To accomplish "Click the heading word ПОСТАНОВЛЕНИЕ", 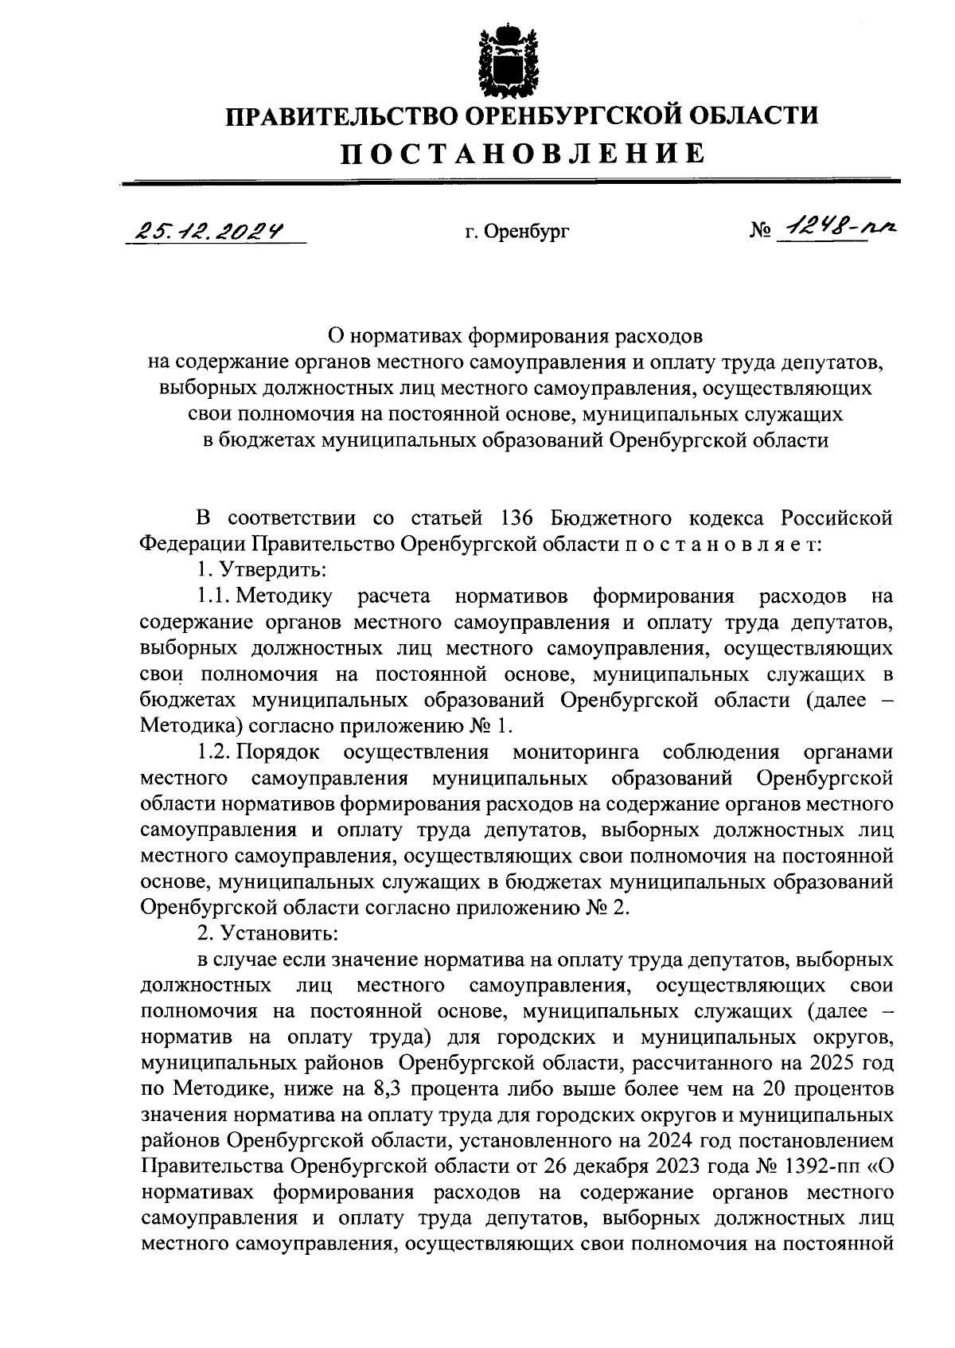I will pyautogui.click(x=523, y=152).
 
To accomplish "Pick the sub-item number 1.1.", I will pyautogui.click(x=214, y=596).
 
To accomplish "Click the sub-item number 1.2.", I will pyautogui.click(x=214, y=752).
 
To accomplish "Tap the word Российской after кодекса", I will pyautogui.click(x=836, y=518).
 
